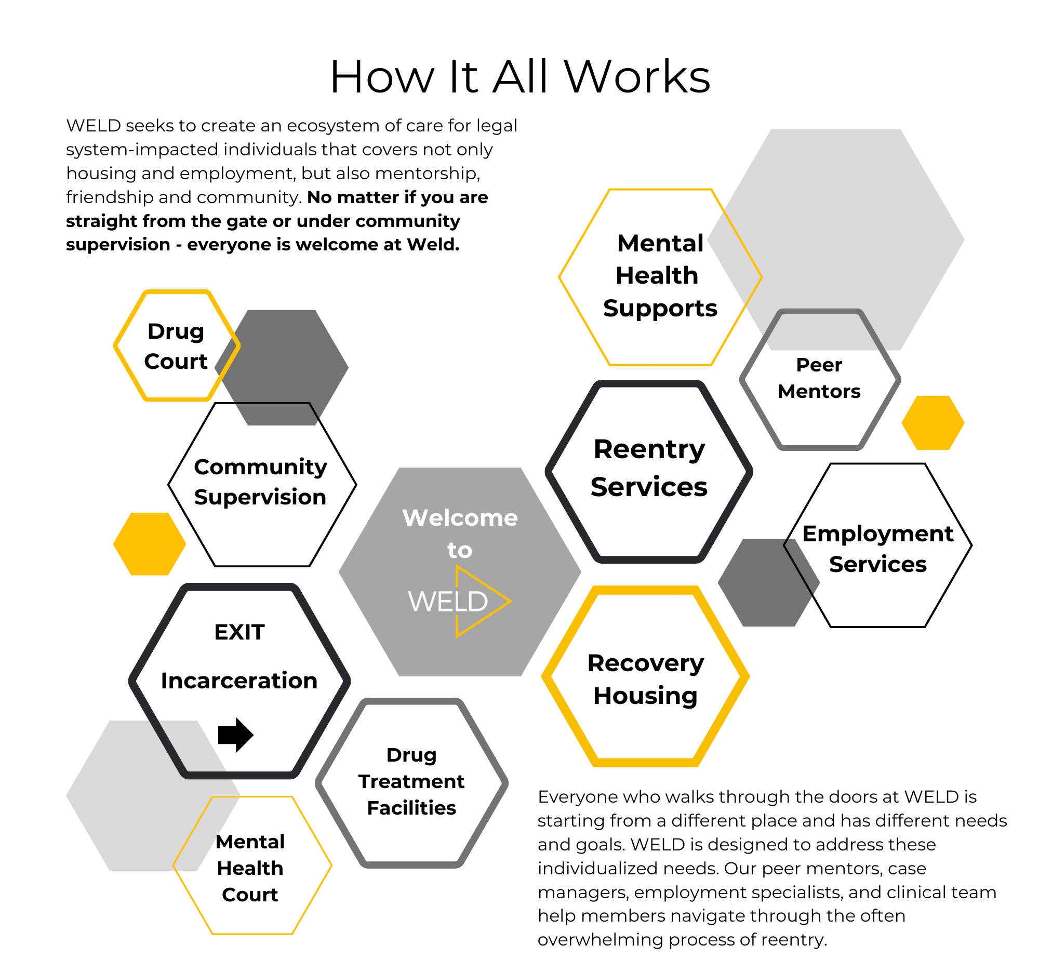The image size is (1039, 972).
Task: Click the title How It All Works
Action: [519, 77]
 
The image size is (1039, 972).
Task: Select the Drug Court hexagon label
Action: [176, 346]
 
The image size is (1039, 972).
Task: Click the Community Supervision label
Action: [260, 481]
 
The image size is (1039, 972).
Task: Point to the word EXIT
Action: [239, 632]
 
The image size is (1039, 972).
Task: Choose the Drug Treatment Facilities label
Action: [411, 781]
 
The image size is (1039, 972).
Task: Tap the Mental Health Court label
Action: [250, 868]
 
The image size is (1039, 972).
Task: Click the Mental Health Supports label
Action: [660, 275]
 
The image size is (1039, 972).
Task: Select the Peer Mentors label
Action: [819, 378]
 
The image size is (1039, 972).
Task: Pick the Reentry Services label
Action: [648, 468]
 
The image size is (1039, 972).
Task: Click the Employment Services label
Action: [877, 549]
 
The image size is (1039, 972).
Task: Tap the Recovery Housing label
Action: [645, 680]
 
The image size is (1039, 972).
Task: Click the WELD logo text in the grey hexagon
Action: [448, 602]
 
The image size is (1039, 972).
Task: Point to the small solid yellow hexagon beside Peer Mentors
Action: [933, 423]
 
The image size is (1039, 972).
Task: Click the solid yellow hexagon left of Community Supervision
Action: [150, 544]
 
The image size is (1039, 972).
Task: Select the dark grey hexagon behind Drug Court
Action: [292, 361]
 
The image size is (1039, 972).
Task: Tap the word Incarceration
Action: [239, 681]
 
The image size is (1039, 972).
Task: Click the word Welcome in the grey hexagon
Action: [460, 518]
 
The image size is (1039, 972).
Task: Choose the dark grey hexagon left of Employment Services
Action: [758, 583]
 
